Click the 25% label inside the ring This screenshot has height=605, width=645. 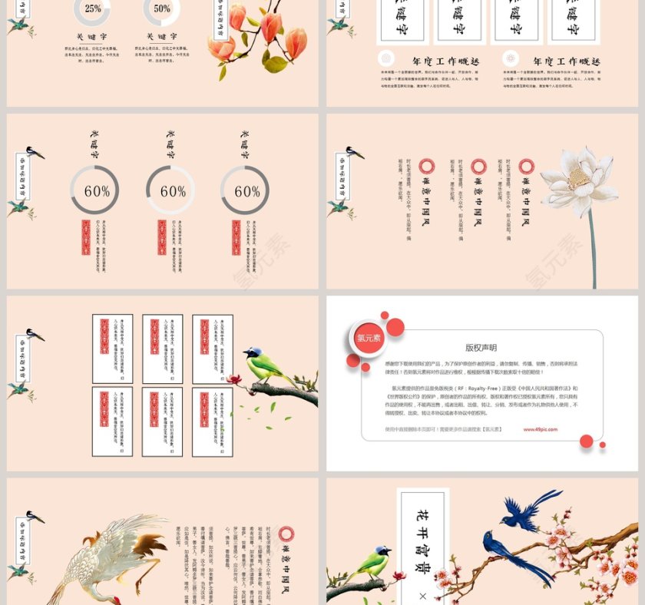tap(92, 8)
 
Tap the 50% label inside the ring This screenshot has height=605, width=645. tap(161, 8)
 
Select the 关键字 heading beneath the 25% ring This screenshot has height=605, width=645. tap(92, 36)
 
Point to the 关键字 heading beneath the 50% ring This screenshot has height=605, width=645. tap(161, 36)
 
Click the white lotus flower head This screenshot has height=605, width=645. tap(580, 180)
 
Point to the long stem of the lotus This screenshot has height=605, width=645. tap(592, 246)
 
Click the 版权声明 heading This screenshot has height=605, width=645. tap(481, 348)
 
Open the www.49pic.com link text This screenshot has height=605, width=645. tap(541, 430)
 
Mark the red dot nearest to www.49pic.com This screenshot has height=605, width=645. tap(587, 441)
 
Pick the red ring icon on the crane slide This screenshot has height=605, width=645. tap(286, 534)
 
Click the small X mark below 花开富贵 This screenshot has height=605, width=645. tap(422, 596)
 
